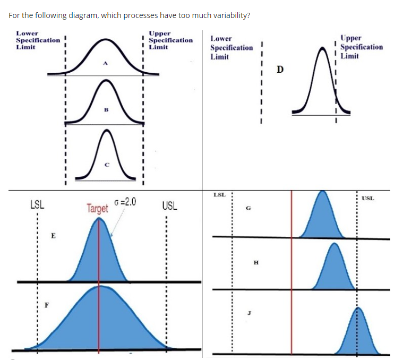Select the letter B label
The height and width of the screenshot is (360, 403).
tap(106, 111)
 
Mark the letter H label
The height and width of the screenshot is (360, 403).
tap(256, 262)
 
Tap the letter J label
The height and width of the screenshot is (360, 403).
tap(248, 313)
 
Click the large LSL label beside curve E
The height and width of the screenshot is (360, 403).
tap(37, 205)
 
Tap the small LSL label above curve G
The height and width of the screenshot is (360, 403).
tap(219, 195)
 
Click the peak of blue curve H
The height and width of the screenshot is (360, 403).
tap(333, 245)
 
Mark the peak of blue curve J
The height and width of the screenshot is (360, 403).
tap(358, 308)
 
